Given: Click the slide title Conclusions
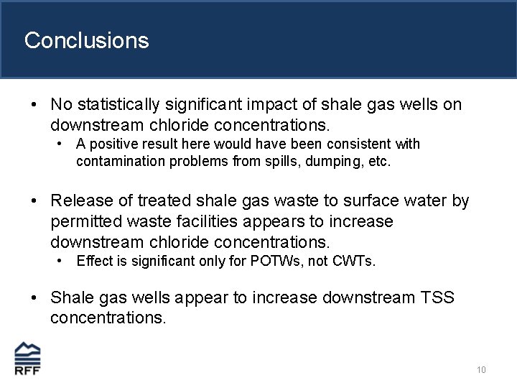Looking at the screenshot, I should tap(86, 40).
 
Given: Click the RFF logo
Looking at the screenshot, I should tap(27, 359).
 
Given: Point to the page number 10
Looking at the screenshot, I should tap(481, 370).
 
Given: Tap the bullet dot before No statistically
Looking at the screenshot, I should tap(35, 106).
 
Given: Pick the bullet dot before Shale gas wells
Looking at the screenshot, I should tap(35, 297).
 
